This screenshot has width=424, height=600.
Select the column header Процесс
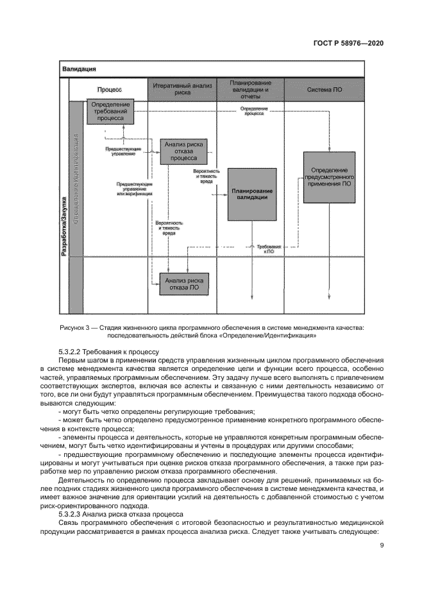click(x=109, y=90)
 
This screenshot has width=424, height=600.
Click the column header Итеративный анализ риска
click(x=183, y=89)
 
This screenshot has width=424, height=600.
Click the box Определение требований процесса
click(x=111, y=111)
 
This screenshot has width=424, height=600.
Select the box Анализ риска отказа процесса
click(x=183, y=151)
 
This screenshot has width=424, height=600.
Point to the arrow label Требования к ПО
click(x=268, y=249)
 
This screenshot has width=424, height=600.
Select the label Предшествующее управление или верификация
click(x=134, y=189)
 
